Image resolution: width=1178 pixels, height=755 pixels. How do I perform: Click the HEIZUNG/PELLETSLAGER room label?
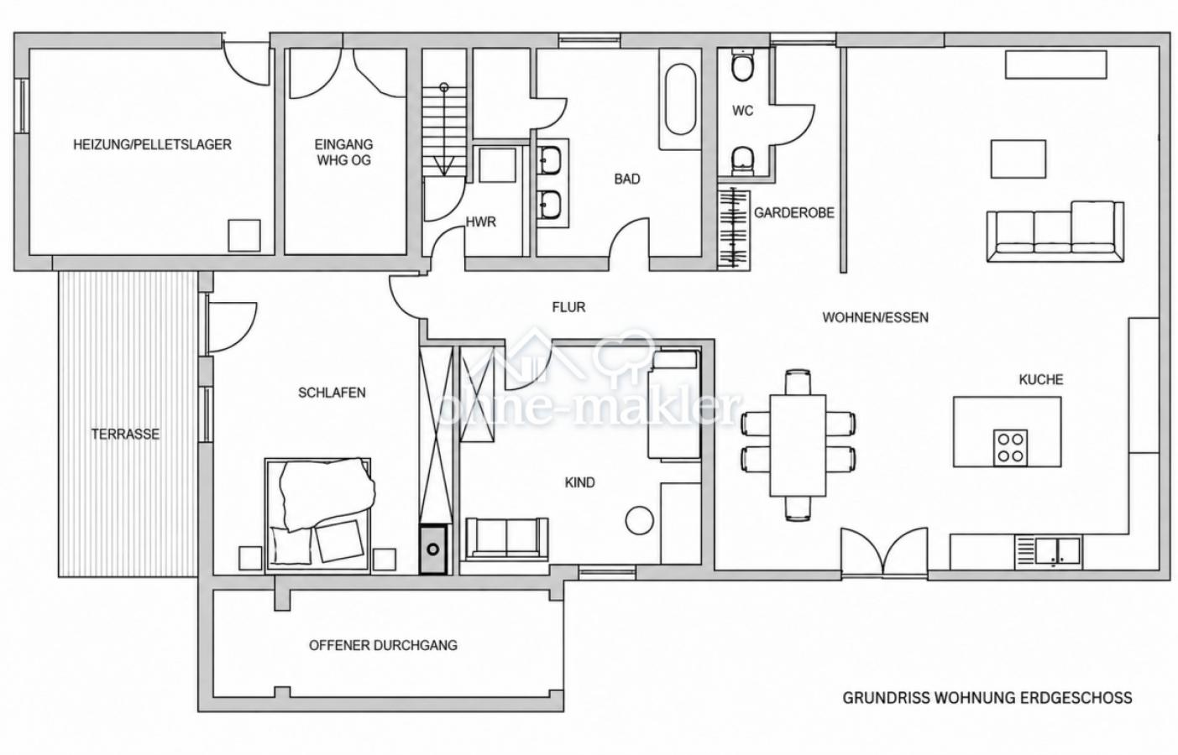pos(152,144)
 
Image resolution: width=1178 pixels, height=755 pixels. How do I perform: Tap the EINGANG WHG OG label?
pos(344,152)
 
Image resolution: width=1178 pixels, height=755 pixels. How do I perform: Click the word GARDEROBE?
pos(794,213)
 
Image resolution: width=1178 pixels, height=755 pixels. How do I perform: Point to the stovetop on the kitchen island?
pos(1010,448)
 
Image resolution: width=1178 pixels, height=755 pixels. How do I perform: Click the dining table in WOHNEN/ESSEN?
pos(798,445)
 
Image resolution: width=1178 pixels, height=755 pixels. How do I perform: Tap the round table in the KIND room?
pos(640,520)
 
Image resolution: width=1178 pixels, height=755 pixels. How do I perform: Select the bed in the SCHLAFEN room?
pos(319,514)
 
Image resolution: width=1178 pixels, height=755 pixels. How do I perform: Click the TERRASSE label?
pos(125,434)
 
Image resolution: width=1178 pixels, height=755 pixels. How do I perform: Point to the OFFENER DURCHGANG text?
pos(383,645)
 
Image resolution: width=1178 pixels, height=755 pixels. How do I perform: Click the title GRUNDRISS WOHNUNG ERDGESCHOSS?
pos(987,698)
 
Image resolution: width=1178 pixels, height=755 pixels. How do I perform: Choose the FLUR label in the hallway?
pos(568,307)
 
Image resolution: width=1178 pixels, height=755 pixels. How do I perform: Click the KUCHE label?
pos(1041,379)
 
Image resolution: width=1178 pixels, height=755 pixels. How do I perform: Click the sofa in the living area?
pos(1055,232)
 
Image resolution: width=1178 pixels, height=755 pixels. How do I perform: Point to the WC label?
pos(742,111)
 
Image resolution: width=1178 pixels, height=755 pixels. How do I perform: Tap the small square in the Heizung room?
pos(244,236)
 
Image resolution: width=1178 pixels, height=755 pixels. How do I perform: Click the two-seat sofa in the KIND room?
pos(507,538)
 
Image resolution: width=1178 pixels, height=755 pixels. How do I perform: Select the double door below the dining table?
pos(884,552)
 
